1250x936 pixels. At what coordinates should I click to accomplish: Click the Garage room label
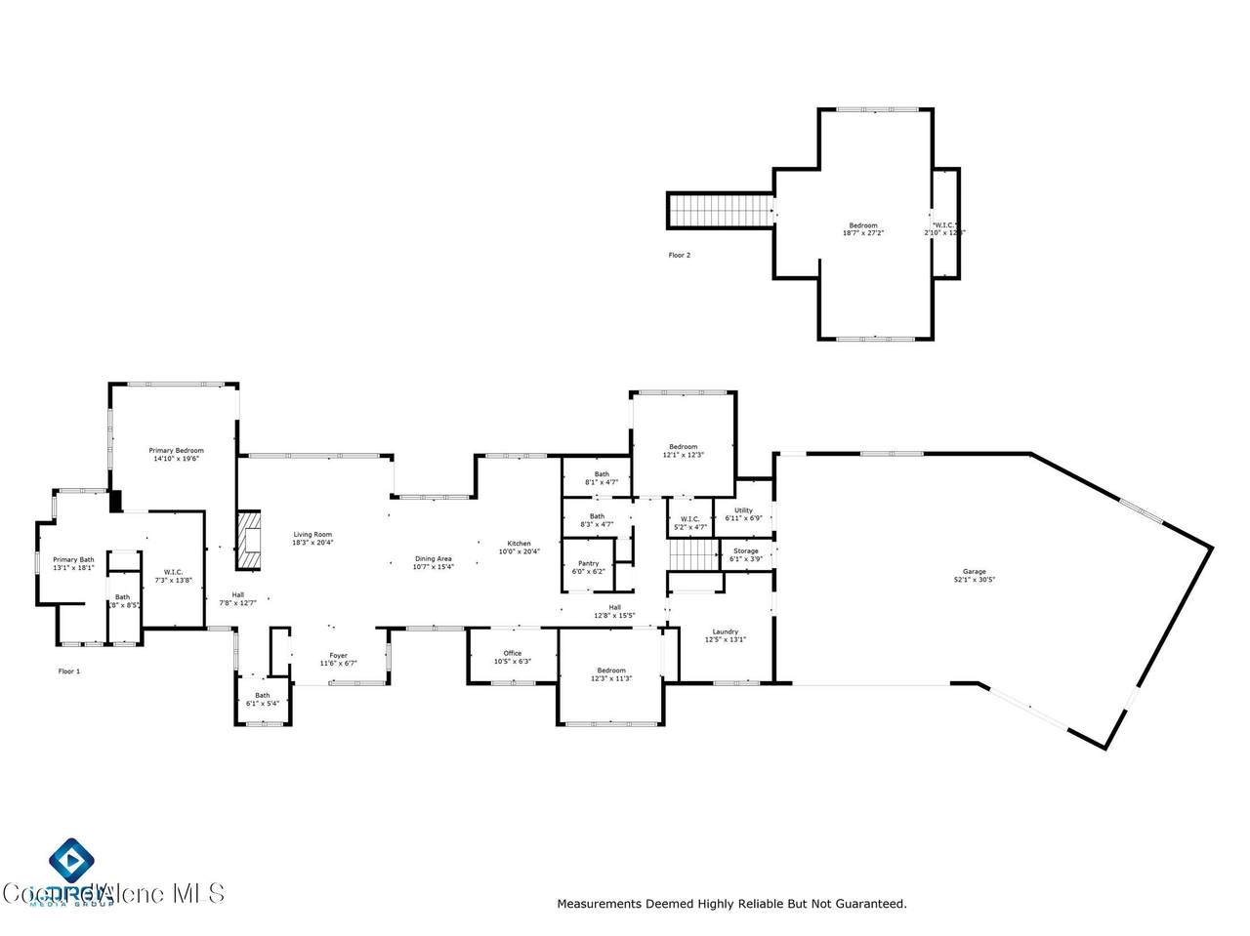(974, 572)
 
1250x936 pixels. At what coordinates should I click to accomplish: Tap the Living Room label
(313, 534)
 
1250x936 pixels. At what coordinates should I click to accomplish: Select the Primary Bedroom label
(176, 450)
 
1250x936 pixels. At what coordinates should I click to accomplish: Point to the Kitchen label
(519, 544)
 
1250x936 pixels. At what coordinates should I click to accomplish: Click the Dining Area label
(433, 559)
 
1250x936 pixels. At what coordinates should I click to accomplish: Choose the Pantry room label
(588, 563)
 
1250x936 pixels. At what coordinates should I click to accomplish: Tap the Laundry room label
(725, 631)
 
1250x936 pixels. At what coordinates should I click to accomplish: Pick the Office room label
(513, 653)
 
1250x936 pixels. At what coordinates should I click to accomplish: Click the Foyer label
(338, 656)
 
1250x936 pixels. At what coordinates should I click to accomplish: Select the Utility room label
(743, 510)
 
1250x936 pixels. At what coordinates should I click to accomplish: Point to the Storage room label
(745, 551)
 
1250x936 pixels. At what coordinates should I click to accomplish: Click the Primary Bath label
(73, 559)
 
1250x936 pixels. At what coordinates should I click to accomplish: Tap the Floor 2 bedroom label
(862, 225)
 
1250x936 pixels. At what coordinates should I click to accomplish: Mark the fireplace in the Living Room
(251, 540)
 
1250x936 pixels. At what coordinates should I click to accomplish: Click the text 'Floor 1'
(69, 671)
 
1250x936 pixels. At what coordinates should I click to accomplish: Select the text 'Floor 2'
(679, 255)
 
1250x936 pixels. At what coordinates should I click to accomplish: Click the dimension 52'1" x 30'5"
(974, 580)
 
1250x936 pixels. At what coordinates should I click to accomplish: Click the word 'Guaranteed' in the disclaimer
(869, 904)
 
